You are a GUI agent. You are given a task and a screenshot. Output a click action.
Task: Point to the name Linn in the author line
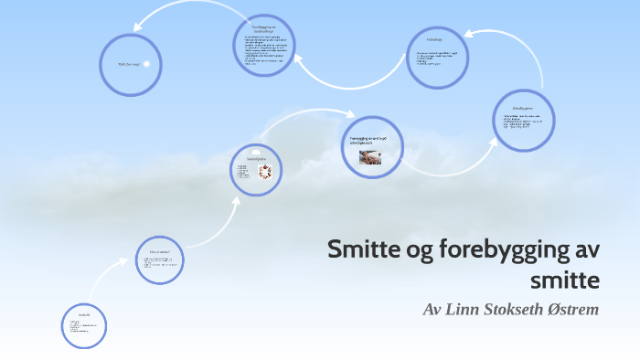pos(459,309)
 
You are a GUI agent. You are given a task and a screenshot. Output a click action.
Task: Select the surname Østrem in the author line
pos(571,309)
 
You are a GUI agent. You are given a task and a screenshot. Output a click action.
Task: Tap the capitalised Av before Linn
pos(433,309)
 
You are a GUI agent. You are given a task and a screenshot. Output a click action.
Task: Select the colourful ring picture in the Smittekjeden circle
pos(265,171)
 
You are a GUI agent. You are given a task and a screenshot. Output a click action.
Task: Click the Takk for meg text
pos(128,64)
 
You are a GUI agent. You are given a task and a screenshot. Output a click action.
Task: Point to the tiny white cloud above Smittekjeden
pos(257,148)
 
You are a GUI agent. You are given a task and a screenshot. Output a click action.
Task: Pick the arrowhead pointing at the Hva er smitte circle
pos(128,260)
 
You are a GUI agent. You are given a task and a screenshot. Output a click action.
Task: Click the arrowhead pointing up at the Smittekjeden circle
pos(238,199)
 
